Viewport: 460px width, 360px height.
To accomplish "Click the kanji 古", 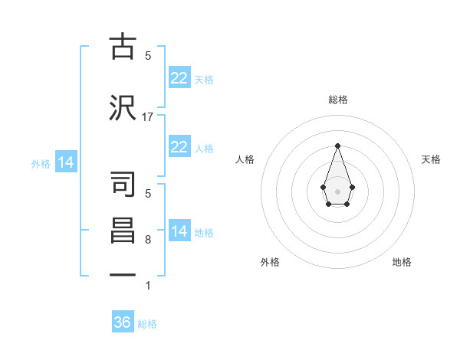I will [x=123, y=47].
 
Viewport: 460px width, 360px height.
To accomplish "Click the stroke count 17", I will [x=148, y=116].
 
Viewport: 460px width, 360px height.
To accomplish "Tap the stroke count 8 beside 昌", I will [x=148, y=240].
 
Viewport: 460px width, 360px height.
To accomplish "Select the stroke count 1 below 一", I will [x=148, y=286].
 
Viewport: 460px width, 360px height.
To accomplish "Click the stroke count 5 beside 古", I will [x=148, y=55].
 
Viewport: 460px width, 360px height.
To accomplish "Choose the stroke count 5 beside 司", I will [x=148, y=194].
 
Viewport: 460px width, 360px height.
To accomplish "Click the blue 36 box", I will [x=122, y=322].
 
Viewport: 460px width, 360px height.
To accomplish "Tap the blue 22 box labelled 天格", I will [x=179, y=78].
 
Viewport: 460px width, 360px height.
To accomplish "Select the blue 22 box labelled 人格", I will [x=179, y=147].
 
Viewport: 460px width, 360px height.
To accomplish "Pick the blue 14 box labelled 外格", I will [x=65, y=162].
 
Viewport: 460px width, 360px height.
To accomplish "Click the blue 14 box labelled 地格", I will [x=179, y=231].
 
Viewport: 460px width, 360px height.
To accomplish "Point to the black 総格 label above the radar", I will [x=337, y=100].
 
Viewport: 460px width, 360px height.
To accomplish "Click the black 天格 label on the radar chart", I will [x=431, y=159].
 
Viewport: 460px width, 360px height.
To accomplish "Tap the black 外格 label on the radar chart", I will [x=270, y=262].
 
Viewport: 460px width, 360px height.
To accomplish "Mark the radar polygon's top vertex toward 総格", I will [x=337, y=145].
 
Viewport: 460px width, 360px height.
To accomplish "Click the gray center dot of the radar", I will [x=337, y=191].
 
